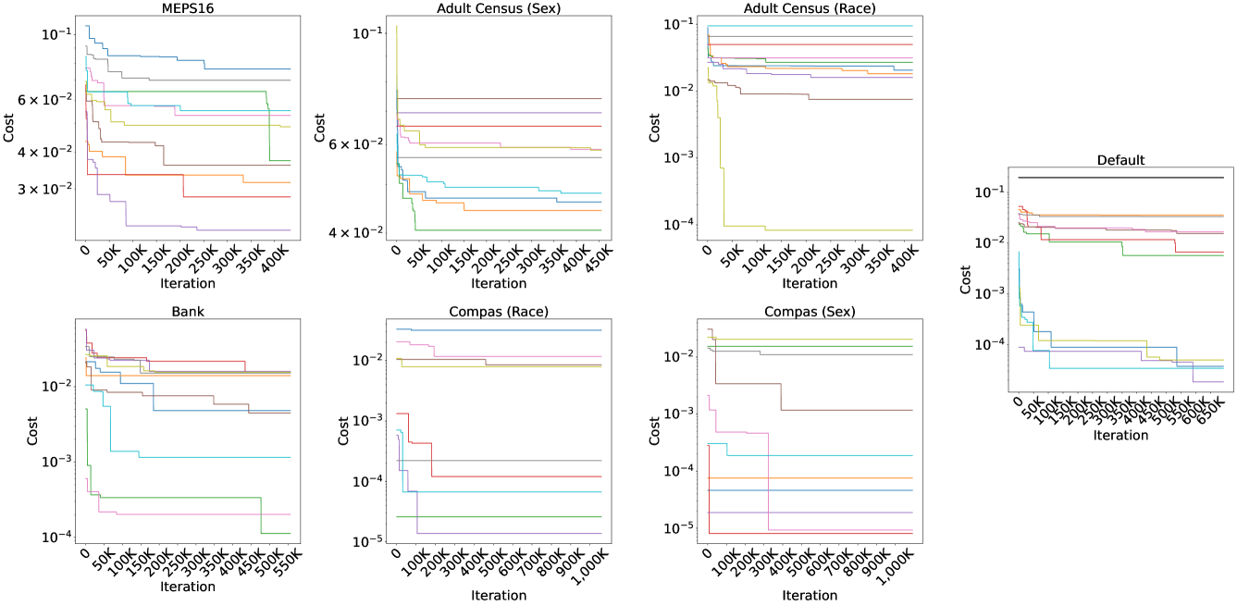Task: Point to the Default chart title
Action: pyautogui.click(x=1120, y=160)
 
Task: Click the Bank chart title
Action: pyautogui.click(x=189, y=312)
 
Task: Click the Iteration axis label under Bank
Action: pyautogui.click(x=188, y=587)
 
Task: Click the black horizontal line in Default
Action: pyautogui.click(x=1120, y=178)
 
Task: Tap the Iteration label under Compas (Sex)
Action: pyautogui.click(x=810, y=595)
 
